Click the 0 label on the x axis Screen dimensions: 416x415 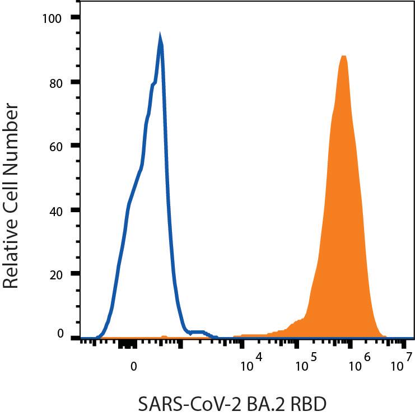click(x=133, y=367)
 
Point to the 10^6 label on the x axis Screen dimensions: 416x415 click(x=360, y=366)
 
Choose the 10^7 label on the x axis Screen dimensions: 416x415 click(x=402, y=366)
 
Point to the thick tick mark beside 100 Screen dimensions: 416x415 click(x=74, y=18)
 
